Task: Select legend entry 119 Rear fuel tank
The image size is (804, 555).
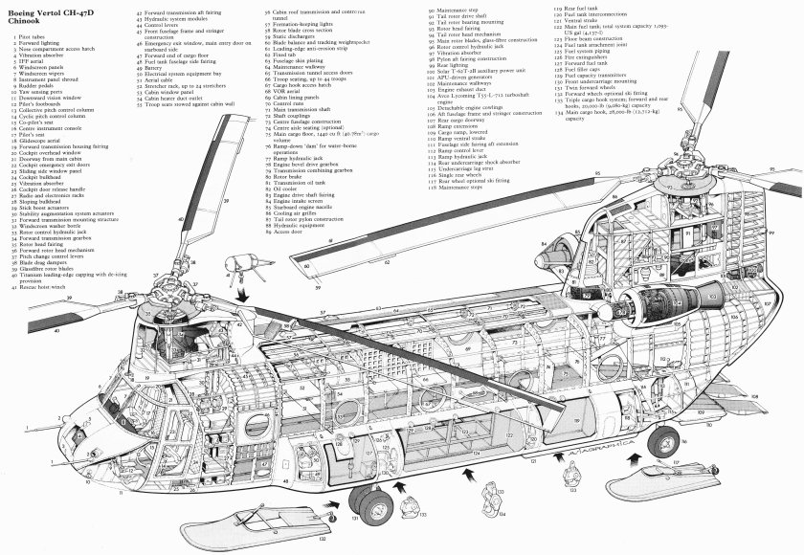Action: pyautogui.click(x=575, y=7)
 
